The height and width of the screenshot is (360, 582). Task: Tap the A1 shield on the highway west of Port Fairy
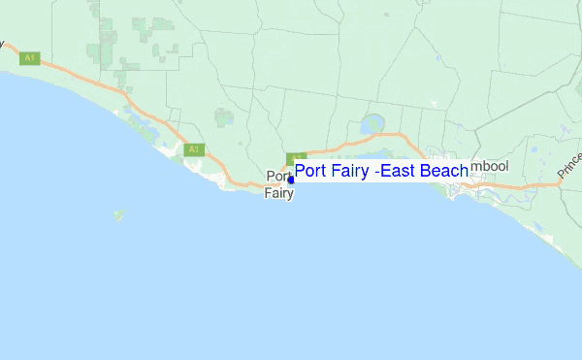[194, 149]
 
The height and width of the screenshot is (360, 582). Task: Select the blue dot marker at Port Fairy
[291, 180]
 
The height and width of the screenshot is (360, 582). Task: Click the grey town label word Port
[275, 177]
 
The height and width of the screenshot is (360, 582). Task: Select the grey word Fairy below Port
[278, 193]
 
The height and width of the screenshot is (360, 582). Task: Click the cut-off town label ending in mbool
[490, 166]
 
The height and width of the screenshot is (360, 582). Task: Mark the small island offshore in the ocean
[118, 214]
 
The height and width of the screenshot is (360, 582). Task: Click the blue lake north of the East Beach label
[372, 125]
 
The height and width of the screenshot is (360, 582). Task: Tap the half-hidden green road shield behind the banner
[296, 157]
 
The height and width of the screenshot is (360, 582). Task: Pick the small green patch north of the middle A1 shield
[224, 117]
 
